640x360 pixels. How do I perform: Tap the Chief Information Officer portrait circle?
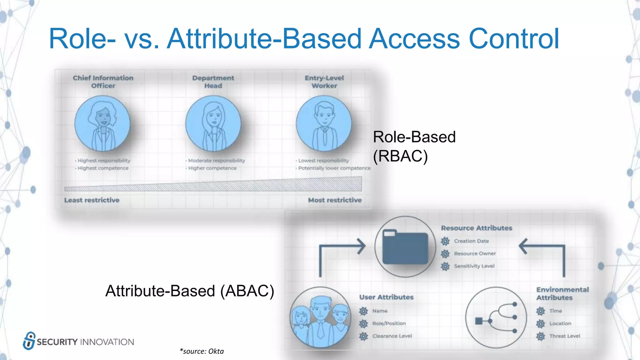(x=102, y=123)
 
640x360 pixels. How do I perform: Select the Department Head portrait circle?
(x=213, y=123)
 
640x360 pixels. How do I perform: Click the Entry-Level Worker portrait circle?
(x=324, y=123)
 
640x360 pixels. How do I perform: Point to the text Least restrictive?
(x=92, y=200)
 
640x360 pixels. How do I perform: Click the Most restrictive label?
(x=335, y=200)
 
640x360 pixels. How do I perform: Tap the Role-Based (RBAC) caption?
(x=414, y=146)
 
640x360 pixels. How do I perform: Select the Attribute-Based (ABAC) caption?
(x=190, y=291)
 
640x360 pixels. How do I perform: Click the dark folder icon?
(x=405, y=247)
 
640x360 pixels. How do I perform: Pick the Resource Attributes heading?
(x=477, y=228)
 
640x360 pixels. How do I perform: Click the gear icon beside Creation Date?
(x=445, y=241)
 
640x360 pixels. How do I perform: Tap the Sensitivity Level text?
(x=474, y=266)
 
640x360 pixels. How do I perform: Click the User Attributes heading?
(x=386, y=297)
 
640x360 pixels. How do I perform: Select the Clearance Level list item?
(x=392, y=336)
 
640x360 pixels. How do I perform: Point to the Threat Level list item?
(x=565, y=336)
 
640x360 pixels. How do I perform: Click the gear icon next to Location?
(x=541, y=324)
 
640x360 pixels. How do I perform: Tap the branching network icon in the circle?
(x=496, y=317)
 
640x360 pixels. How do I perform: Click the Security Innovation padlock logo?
(x=29, y=341)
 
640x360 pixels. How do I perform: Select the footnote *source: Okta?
(x=202, y=351)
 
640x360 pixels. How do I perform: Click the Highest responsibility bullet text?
(x=104, y=161)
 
